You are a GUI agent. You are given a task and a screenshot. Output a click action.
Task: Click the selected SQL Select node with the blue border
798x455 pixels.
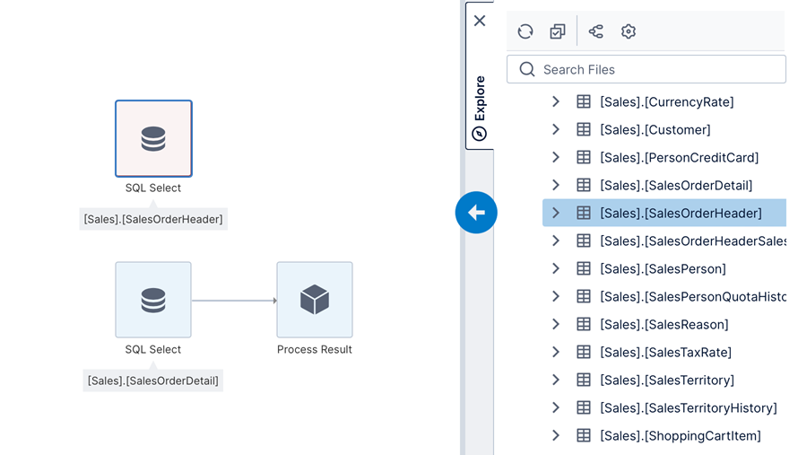tap(153, 138)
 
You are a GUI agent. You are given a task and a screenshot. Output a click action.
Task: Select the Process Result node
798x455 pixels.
tap(315, 300)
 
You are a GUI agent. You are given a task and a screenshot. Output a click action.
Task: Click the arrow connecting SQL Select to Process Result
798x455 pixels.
tap(234, 301)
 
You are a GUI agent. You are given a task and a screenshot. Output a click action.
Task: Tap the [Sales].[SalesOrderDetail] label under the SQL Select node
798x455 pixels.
tap(152, 381)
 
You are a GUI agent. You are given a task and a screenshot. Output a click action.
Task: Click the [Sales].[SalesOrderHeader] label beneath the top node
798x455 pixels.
tap(153, 218)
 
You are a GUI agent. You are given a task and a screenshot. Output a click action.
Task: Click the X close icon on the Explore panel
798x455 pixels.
tap(480, 21)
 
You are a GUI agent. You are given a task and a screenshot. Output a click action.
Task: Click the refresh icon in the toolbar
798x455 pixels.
tap(525, 31)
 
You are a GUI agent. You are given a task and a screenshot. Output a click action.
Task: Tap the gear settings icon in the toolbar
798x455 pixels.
tap(629, 31)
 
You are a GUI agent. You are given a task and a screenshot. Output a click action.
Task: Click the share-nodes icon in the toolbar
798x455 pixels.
tap(595, 31)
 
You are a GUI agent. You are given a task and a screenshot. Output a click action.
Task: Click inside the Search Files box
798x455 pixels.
tap(655, 69)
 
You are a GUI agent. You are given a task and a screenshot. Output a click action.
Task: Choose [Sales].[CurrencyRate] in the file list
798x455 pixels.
tap(666, 102)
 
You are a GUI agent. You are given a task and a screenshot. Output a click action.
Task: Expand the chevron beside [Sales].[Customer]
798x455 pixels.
tap(556, 130)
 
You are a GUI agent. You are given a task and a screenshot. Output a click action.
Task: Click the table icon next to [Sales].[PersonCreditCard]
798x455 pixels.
tap(584, 158)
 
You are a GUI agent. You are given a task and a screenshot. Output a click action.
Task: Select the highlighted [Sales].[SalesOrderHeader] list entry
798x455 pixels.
tap(681, 214)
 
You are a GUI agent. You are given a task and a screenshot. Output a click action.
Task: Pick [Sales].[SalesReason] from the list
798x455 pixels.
tap(664, 325)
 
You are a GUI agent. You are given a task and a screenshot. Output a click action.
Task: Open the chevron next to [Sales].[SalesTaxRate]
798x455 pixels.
tap(556, 353)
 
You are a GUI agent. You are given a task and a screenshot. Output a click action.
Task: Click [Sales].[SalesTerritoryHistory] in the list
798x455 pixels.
tap(688, 408)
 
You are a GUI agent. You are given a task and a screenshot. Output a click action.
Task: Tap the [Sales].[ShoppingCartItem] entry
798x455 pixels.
tap(680, 436)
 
